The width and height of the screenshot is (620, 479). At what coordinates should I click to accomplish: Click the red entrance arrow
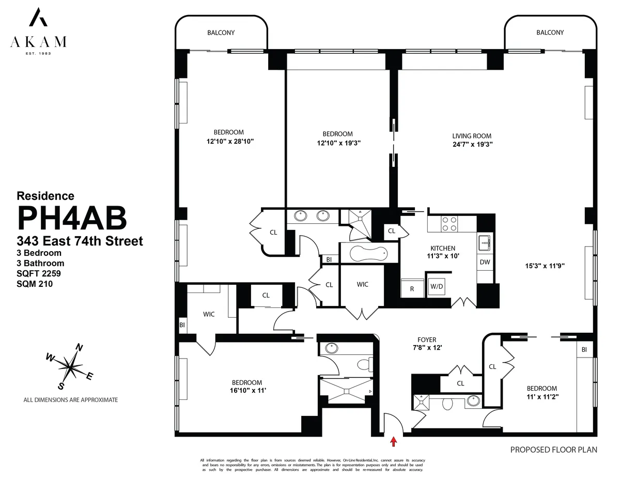pyautogui.click(x=394, y=441)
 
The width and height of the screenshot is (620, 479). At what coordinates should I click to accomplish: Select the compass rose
pyautogui.click(x=69, y=366)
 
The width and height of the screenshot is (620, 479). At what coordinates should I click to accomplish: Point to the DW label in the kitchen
pyautogui.click(x=485, y=262)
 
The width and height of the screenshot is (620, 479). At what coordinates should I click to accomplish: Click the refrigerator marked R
pyautogui.click(x=412, y=288)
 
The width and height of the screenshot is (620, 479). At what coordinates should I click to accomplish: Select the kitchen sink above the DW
pyautogui.click(x=485, y=241)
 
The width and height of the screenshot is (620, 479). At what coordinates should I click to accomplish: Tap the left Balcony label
pyautogui.click(x=221, y=33)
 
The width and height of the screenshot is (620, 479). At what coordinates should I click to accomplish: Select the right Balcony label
pyautogui.click(x=550, y=33)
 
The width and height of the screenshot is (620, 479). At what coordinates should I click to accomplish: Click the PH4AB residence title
pyautogui.click(x=72, y=218)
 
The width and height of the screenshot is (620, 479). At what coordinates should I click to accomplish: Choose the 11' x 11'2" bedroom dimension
pyautogui.click(x=541, y=397)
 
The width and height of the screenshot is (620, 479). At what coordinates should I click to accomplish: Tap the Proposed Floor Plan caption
pyautogui.click(x=553, y=450)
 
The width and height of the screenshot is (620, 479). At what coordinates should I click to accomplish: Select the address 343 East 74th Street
pyautogui.click(x=80, y=241)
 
